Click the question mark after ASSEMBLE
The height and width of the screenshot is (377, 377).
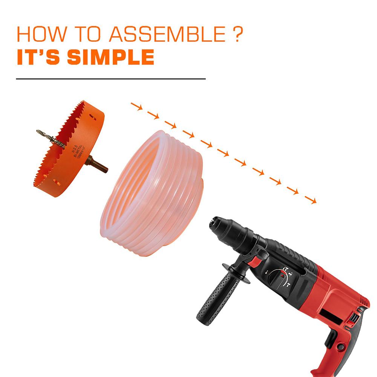236,35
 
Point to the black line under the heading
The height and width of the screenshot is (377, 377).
111,79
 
